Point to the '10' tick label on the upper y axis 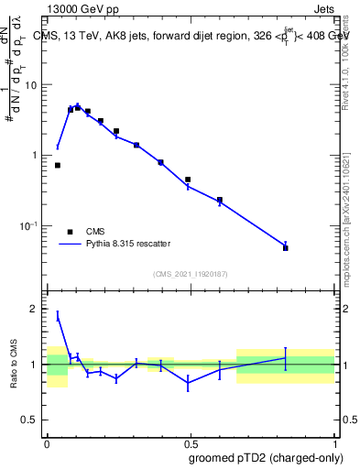(31, 85)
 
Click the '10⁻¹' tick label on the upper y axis (28, 225)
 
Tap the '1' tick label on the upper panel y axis (35, 156)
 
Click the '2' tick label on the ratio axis (35, 309)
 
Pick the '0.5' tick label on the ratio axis (29, 420)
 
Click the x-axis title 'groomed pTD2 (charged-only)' (266, 457)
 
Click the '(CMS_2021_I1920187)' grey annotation (191, 273)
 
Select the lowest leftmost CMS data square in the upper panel (58, 165)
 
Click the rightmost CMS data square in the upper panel (286, 248)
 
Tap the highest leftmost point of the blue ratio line (58, 316)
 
